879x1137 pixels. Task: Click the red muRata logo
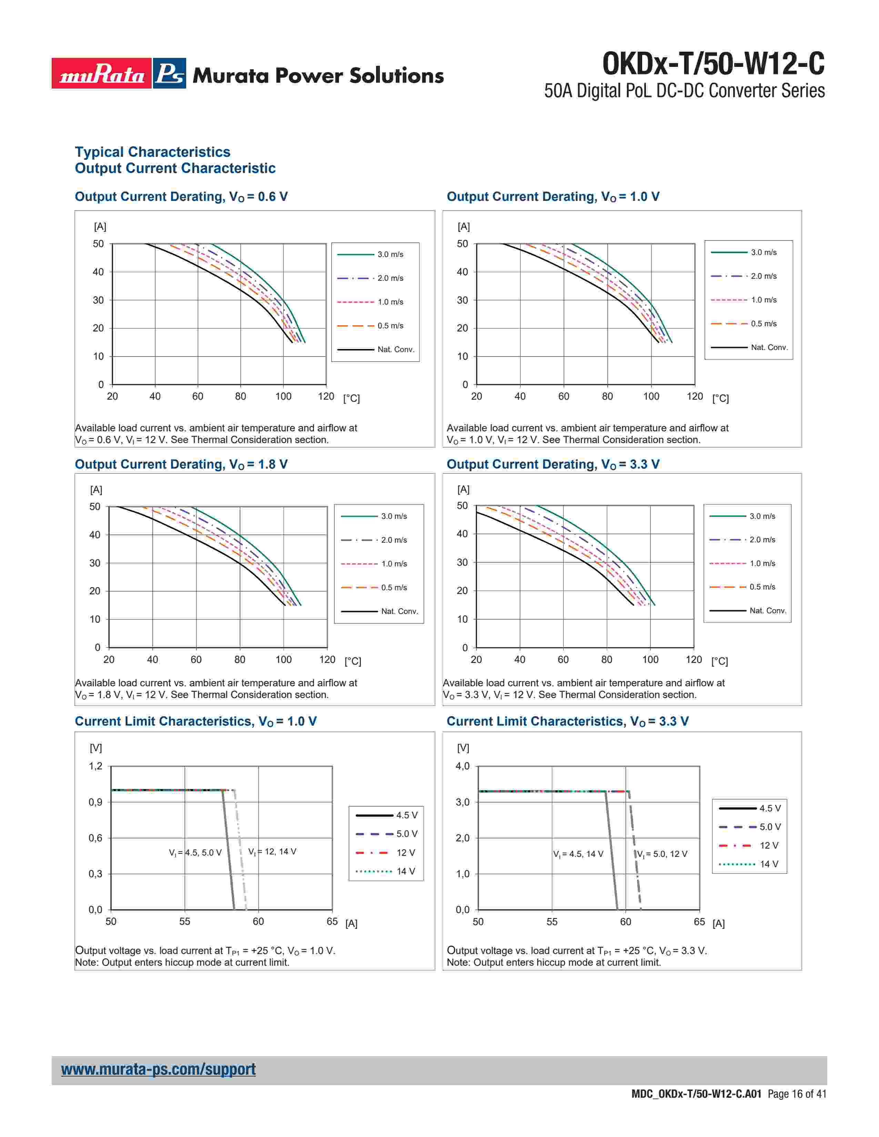[x=102, y=73]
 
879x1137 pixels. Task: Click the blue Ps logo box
[x=170, y=73]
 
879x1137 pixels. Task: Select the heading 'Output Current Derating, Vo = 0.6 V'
[x=181, y=197]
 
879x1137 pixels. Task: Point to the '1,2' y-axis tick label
[x=96, y=766]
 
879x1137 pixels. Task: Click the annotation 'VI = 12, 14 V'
[x=272, y=852]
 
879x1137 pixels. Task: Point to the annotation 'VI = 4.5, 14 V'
[x=578, y=854]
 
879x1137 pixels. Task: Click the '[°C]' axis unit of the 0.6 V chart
[x=352, y=399]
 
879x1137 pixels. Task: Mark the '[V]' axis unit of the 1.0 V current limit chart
[x=96, y=748]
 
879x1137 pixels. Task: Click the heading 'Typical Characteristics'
[x=153, y=152]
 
